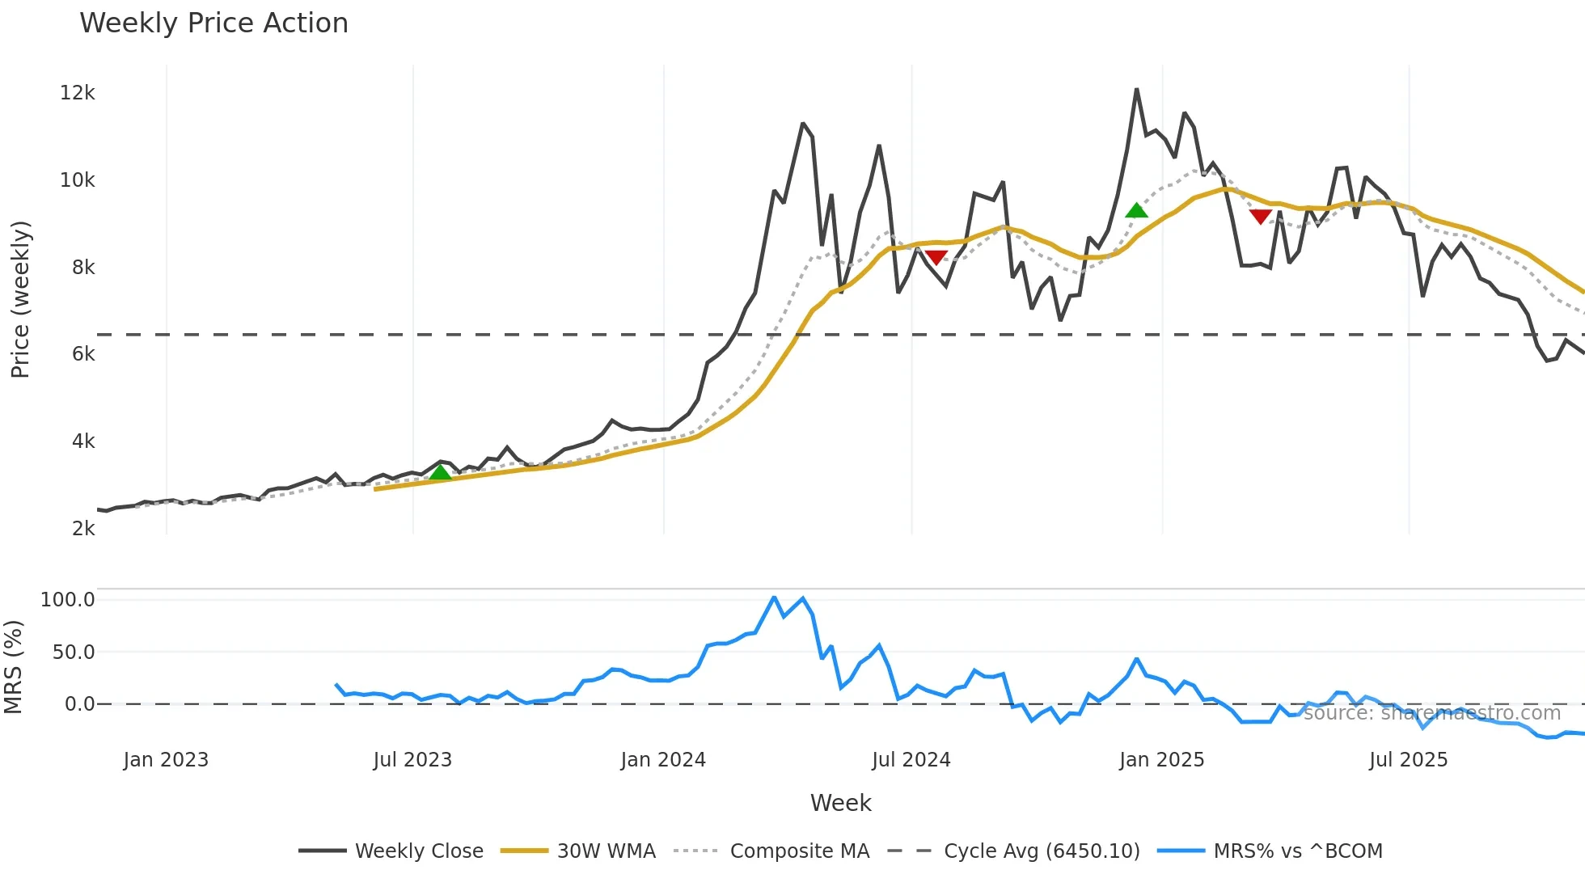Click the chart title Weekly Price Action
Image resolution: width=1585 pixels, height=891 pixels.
click(213, 23)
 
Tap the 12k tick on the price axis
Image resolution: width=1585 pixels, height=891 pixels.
click(78, 93)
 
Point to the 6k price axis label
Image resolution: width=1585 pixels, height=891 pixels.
click(83, 354)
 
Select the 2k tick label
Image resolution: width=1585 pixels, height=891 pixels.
click(83, 529)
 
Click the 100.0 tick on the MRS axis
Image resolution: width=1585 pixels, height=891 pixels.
click(68, 600)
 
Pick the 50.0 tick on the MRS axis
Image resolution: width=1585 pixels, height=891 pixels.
click(74, 652)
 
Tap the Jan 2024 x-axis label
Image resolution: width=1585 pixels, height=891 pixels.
click(663, 760)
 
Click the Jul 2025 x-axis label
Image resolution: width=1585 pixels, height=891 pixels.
click(1408, 760)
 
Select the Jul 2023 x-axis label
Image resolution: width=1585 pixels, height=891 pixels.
click(412, 760)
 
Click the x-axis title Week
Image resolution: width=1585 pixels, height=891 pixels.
click(840, 803)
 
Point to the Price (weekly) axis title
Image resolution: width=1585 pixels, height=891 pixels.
click(20, 299)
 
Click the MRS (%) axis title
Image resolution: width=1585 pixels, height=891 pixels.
click(13, 667)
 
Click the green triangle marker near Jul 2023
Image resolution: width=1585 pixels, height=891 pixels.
click(440, 472)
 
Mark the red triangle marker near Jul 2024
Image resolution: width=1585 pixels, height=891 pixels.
click(936, 258)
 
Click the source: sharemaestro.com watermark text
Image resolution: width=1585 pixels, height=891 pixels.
click(1432, 713)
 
